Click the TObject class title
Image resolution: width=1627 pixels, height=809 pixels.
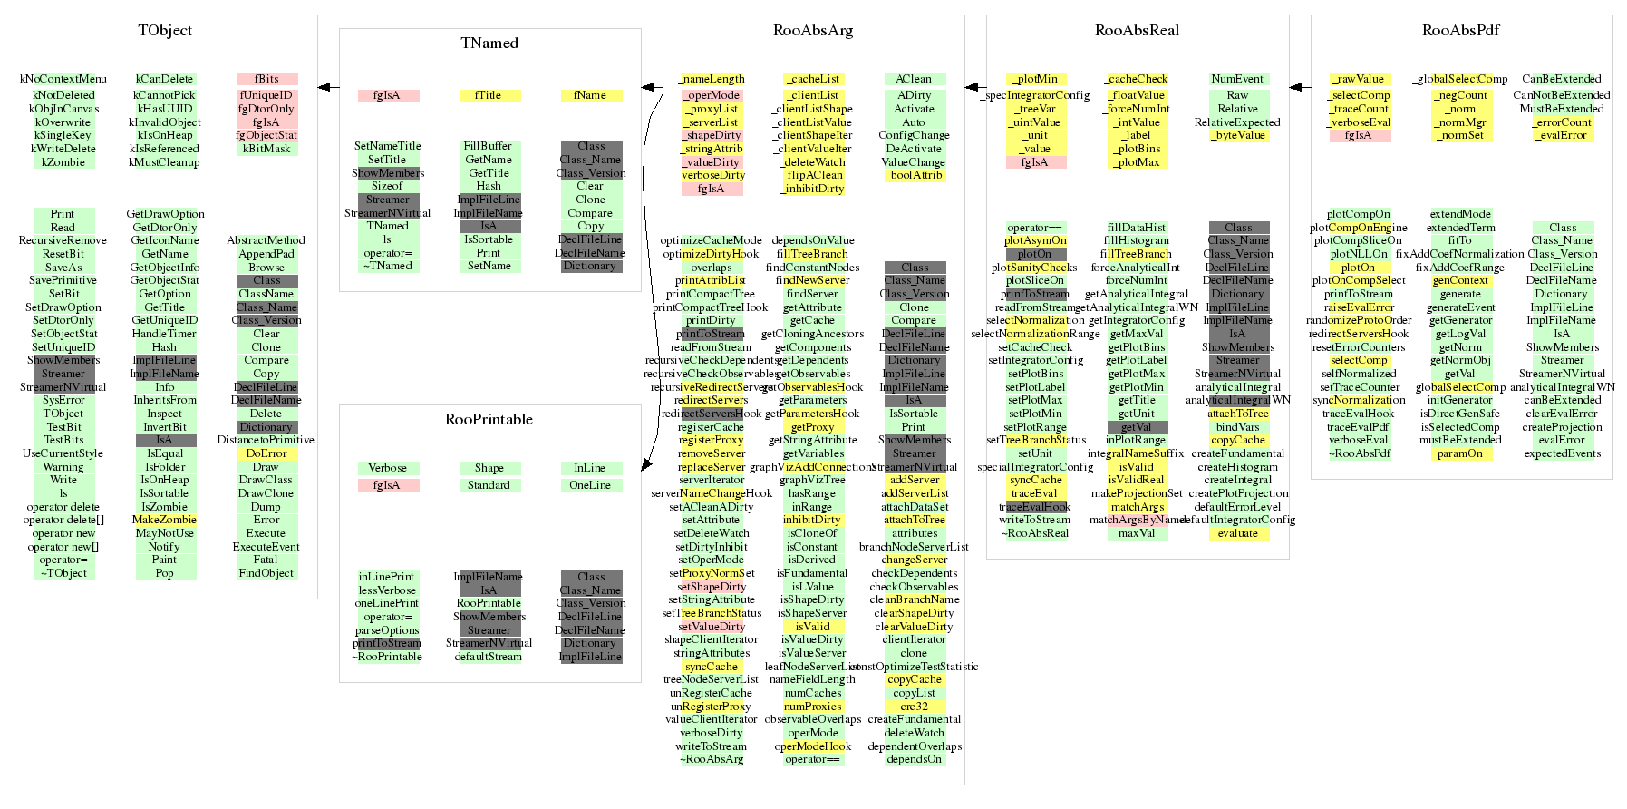(165, 31)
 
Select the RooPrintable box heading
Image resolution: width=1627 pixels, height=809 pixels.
(489, 420)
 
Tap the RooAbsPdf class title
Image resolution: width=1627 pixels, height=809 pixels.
(1460, 31)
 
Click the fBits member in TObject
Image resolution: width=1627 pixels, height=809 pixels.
(266, 79)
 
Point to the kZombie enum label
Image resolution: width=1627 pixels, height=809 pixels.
(63, 162)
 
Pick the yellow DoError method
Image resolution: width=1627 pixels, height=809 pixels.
(266, 453)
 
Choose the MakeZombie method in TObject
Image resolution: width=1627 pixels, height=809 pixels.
(164, 520)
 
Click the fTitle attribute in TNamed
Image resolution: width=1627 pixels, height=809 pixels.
(489, 96)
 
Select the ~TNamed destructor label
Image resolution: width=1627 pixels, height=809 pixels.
(388, 266)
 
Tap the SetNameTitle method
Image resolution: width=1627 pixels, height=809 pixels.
(388, 146)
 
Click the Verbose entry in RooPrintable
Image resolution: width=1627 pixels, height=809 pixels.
(388, 468)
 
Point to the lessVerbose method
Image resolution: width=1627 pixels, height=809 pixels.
(387, 590)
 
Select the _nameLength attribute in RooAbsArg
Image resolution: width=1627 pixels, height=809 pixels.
(712, 79)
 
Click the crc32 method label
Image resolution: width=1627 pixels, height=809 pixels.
(914, 707)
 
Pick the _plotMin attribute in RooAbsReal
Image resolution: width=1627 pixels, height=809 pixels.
(1035, 79)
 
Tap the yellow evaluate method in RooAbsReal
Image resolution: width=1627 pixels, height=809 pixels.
(1238, 533)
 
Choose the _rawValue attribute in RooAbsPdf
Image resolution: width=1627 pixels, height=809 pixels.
(1360, 79)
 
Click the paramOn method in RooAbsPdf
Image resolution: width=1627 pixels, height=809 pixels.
(1460, 453)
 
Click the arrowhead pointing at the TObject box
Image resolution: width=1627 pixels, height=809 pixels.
(324, 88)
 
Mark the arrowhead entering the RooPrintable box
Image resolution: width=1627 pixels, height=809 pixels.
(647, 464)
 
